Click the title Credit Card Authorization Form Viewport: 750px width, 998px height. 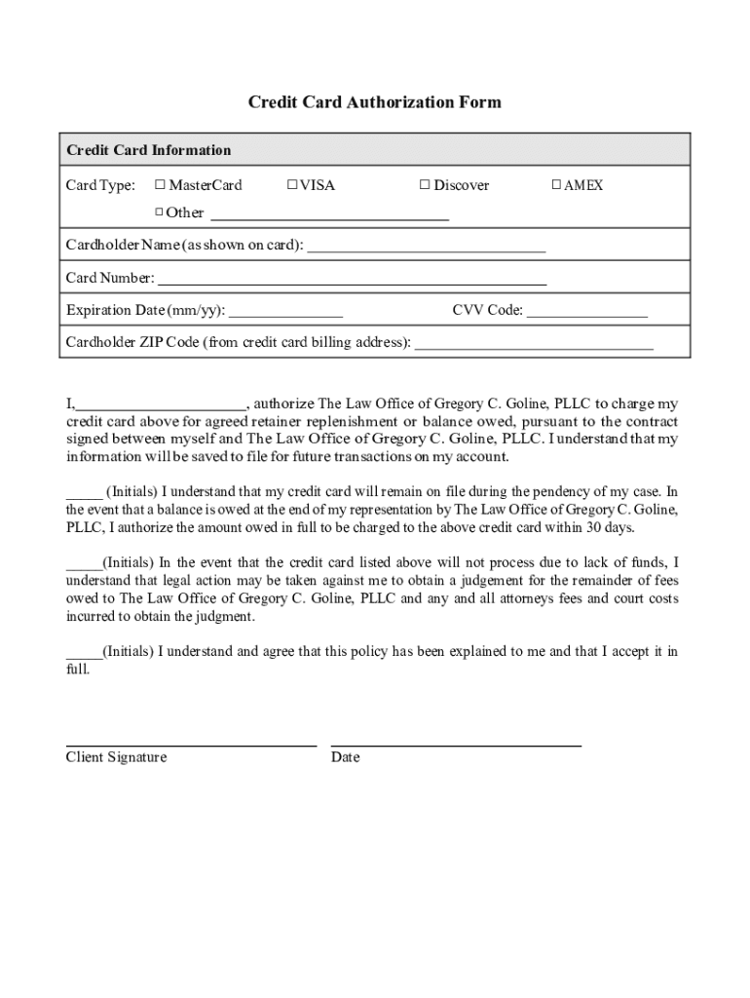coord(374,102)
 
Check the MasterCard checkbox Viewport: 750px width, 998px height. coord(161,185)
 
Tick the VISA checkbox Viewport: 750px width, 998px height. coord(292,185)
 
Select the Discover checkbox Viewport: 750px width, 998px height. coord(425,185)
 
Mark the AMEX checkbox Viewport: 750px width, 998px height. coord(557,185)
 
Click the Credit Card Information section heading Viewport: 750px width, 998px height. coord(149,150)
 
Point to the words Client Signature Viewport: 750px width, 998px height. coord(116,757)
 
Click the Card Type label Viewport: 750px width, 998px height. coord(100,185)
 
